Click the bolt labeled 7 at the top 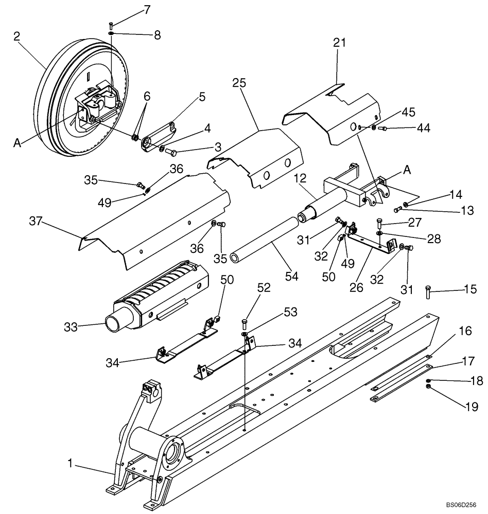(112, 25)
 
